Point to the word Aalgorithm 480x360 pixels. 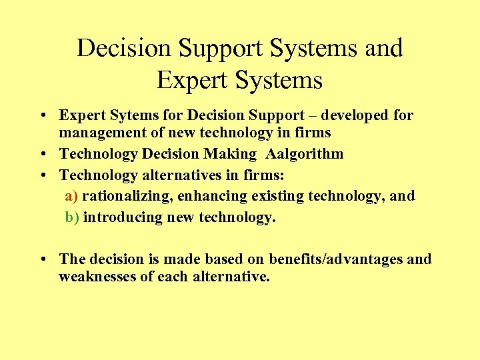pos(305,155)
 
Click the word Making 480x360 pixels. pos(231,155)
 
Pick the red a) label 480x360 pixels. pos(72,196)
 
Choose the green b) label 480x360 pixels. pos(72,217)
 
